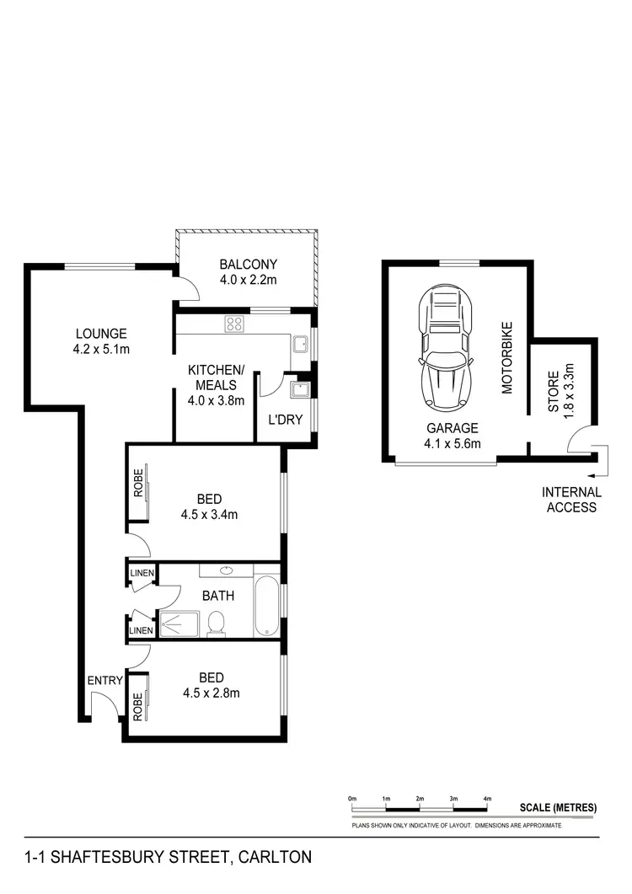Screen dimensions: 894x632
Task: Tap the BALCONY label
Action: click(248, 263)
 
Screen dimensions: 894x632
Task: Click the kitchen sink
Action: click(298, 344)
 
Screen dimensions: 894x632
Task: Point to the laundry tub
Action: click(298, 388)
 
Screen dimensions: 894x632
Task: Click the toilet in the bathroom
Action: click(216, 623)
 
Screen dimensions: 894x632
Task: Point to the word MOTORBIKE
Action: click(507, 358)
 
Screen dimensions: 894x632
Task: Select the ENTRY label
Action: click(104, 681)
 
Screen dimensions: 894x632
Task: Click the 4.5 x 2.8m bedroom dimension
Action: click(212, 693)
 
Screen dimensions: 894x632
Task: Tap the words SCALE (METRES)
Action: click(558, 807)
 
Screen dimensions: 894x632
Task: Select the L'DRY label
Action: click(285, 419)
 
